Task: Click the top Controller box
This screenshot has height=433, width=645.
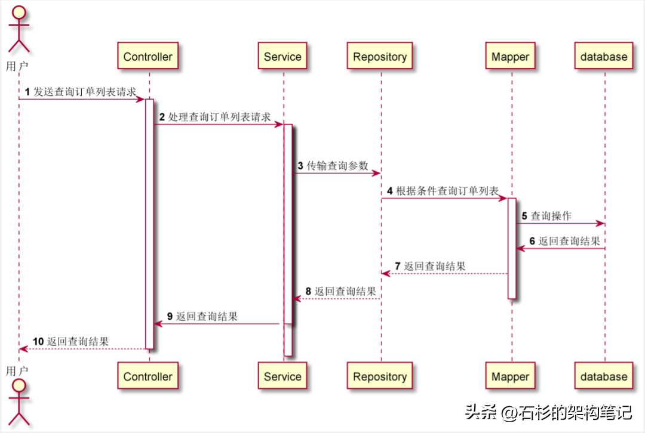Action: (x=148, y=57)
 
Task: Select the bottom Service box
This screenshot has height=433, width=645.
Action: (x=282, y=376)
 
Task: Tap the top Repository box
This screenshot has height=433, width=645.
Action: (x=380, y=57)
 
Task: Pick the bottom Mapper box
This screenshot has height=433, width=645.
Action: (x=511, y=376)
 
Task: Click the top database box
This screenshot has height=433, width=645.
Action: (x=604, y=57)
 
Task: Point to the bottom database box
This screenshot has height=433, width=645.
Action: (x=604, y=376)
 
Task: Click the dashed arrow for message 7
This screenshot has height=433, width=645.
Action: (x=445, y=274)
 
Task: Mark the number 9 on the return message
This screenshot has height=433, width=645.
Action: (x=170, y=317)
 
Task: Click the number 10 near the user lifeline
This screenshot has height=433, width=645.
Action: (x=38, y=342)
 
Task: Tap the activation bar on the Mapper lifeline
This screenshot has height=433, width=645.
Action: (x=512, y=248)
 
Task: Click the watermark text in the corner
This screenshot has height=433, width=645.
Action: (x=548, y=412)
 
